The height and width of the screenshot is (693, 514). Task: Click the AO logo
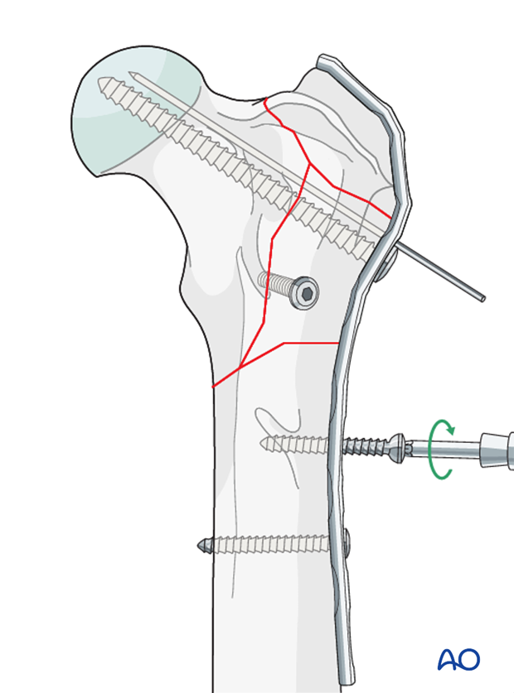(458, 659)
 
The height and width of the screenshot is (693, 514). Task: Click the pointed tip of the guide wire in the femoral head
(129, 73)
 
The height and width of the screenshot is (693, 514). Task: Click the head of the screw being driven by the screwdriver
(396, 448)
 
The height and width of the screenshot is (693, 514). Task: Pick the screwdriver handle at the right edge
(497, 450)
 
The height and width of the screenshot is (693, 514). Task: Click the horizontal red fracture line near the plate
(311, 343)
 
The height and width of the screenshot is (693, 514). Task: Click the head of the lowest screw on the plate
(347, 541)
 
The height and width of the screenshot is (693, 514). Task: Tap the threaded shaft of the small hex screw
(277, 284)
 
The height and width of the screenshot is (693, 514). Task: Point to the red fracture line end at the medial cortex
(213, 387)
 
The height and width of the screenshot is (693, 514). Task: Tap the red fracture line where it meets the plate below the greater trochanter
(390, 217)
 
